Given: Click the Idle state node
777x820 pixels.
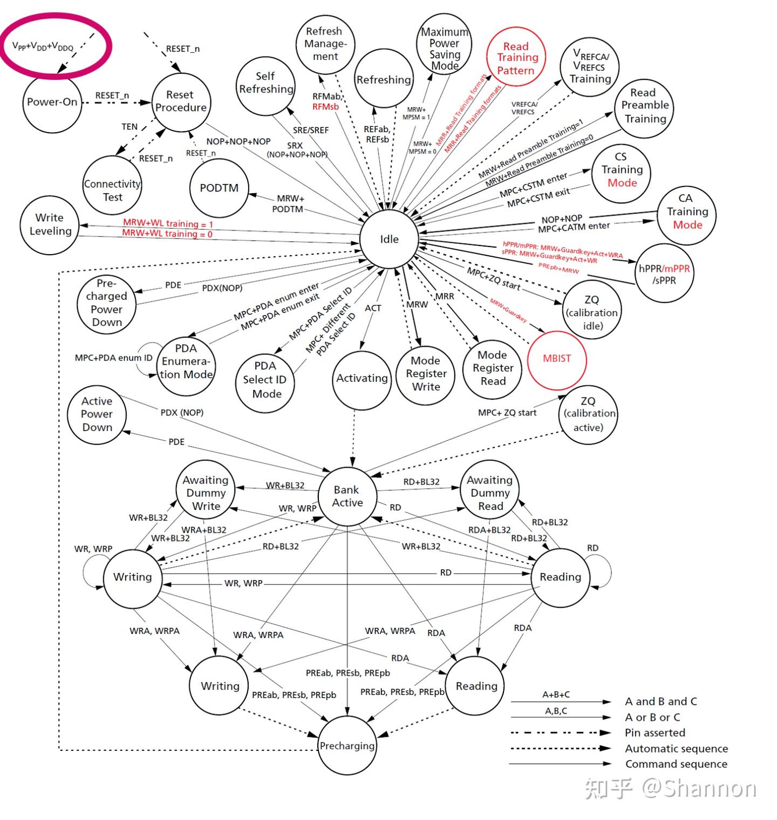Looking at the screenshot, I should (388, 239).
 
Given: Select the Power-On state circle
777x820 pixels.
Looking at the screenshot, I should (52, 102).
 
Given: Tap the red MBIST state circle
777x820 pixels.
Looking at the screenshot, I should (556, 359).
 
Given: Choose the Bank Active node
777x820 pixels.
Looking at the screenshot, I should (347, 496).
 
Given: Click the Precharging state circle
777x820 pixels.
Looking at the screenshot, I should (347, 746).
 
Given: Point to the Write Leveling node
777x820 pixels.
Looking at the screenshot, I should (50, 224).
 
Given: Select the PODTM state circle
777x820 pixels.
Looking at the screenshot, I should (219, 188).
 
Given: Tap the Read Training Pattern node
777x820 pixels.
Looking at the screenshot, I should (516, 58).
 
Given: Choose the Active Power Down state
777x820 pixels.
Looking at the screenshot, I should (97, 414).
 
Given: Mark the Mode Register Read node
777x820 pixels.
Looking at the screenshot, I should (493, 368).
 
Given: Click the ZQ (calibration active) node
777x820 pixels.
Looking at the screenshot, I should (588, 415).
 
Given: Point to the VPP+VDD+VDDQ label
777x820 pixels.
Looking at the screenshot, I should (43, 47).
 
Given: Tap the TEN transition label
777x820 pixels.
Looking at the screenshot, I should (129, 127).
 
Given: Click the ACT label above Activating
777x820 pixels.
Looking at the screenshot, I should (373, 308).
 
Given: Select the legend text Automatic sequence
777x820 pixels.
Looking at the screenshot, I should (676, 749).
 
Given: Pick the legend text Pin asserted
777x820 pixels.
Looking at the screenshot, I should (655, 733).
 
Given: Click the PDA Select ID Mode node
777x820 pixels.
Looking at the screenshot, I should (265, 380).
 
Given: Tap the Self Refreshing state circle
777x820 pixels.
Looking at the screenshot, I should (265, 83).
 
